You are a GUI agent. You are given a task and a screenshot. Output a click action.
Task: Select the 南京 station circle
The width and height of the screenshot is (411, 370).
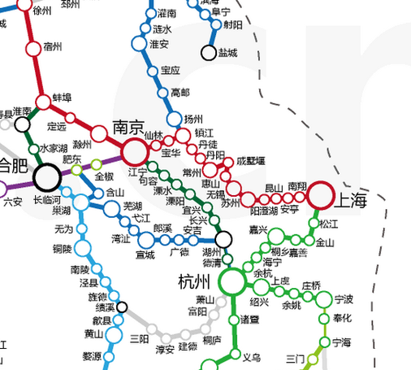pos(135,151)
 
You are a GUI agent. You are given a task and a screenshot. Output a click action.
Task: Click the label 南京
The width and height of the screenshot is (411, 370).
pos(128,128)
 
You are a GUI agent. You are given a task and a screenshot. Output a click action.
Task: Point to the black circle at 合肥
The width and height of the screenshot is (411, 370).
pos(47,176)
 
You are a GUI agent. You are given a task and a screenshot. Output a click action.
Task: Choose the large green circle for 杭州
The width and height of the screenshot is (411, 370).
pos(232,281)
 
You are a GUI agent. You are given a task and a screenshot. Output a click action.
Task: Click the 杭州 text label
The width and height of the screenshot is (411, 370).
pos(194,282)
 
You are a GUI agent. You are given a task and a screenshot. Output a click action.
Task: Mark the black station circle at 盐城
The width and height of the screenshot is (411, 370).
pos(208,54)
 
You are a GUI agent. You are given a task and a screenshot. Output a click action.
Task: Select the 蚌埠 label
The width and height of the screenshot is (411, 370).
pos(63,98)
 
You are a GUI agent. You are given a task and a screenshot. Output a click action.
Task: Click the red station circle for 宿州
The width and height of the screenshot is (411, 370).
pos(32,48)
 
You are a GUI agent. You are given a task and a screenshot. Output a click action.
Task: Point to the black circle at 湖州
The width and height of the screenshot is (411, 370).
pos(223,238)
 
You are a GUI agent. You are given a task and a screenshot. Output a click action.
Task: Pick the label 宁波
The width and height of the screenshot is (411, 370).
pos(344,299)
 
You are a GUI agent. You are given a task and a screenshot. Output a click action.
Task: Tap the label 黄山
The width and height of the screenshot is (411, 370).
pos(94,333)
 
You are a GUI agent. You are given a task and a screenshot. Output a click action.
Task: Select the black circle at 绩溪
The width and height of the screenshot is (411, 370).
pos(123,307)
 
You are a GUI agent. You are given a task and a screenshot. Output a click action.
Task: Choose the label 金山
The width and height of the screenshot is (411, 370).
pos(324,242)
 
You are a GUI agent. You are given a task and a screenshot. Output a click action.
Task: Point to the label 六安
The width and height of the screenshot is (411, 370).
pos(13,202)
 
